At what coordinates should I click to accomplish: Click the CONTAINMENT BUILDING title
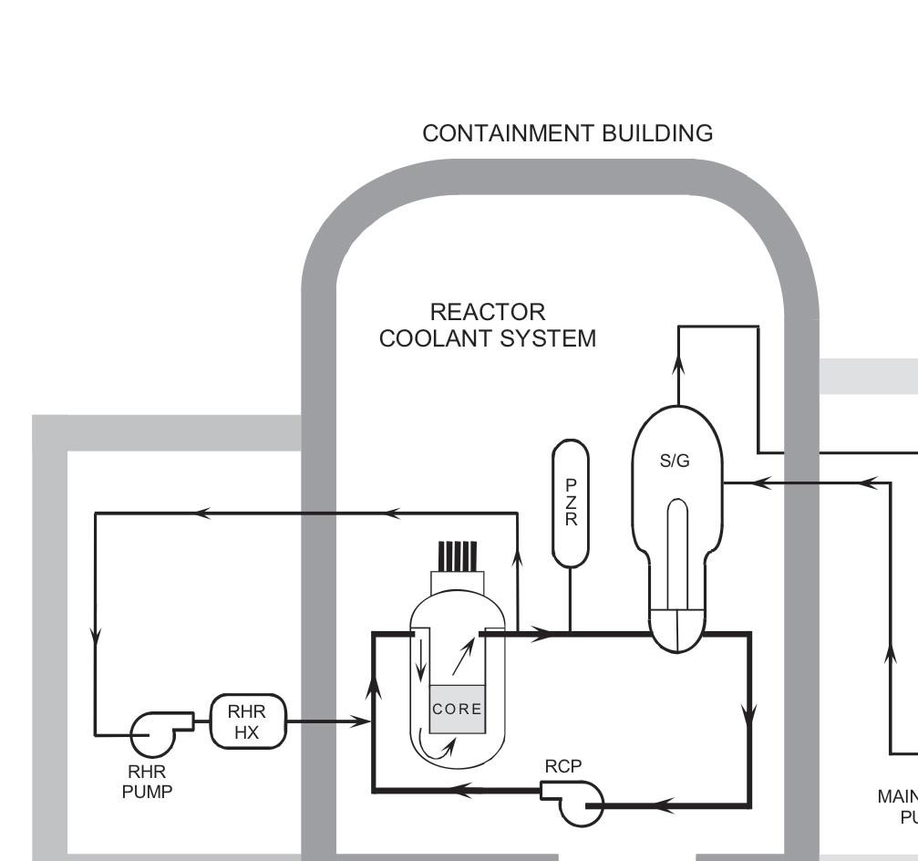coord(567,133)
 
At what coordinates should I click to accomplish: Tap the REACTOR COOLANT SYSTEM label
coord(488,326)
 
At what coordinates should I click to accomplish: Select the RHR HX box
coord(247,721)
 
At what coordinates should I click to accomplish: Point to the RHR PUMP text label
coord(147,783)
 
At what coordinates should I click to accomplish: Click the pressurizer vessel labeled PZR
coord(571,503)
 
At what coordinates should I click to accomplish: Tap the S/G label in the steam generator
coord(675,461)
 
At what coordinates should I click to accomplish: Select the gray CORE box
coord(457,709)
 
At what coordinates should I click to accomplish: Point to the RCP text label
coord(562,767)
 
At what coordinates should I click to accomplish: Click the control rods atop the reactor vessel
coord(458,555)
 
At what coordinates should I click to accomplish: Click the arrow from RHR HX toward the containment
coord(361,721)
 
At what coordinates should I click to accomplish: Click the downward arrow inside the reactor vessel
coord(420,670)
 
